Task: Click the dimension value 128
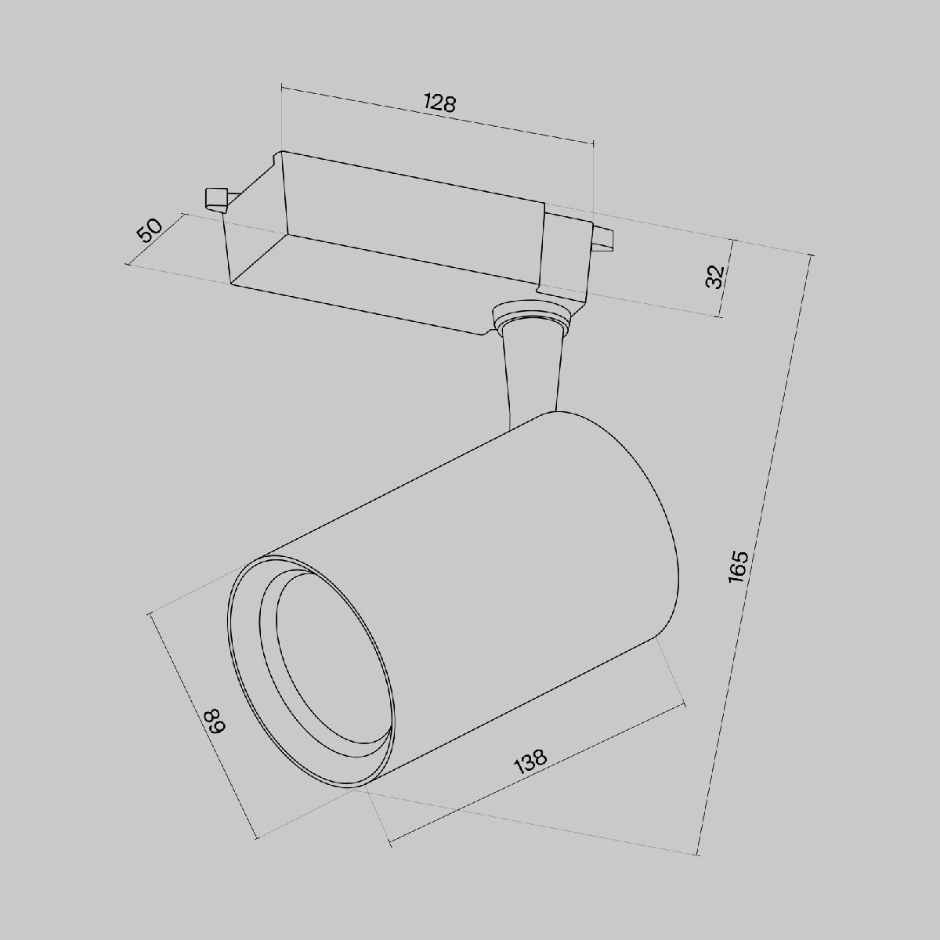[x=439, y=103]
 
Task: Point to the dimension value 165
[x=739, y=566]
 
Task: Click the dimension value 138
[x=530, y=761]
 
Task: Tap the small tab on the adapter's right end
[x=603, y=239]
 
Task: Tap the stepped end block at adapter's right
[x=566, y=258]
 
